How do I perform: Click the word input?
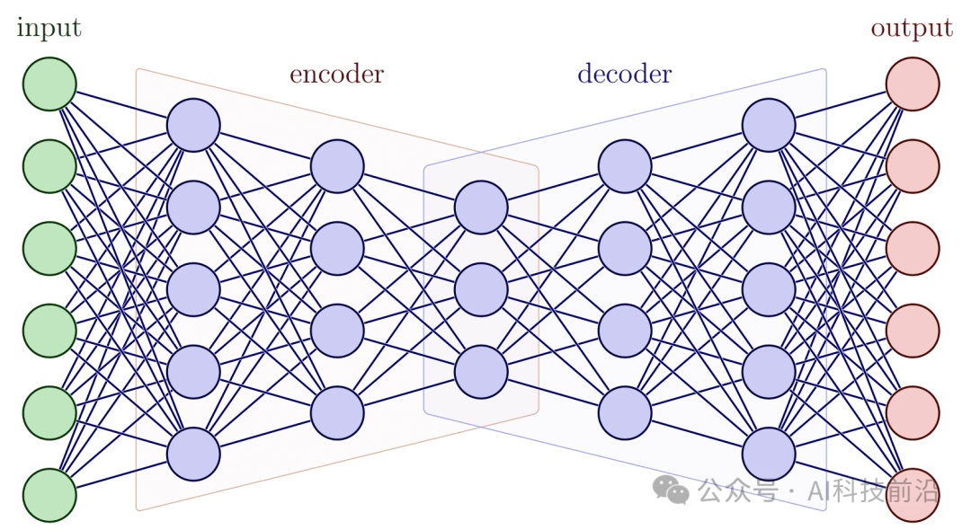coord(49,29)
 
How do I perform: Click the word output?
coord(911,29)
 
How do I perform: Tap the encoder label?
coord(336,75)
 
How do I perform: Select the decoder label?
coord(624,75)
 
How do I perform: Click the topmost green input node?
coord(49,84)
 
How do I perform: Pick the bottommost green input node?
coord(49,495)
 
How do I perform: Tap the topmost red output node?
coord(913,84)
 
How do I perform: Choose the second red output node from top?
coord(913,166)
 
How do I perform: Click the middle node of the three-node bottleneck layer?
coord(481,289)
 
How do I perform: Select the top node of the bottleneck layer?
coord(481,208)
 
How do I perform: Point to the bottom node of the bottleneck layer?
coord(481,372)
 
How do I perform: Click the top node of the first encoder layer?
coord(193,125)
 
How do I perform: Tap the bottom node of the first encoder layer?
coord(193,454)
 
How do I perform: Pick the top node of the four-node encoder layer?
coord(337,166)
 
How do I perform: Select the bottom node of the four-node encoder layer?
coord(337,412)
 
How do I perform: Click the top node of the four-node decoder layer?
coord(625,166)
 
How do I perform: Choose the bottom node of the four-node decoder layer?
coord(625,412)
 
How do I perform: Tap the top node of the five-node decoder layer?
coord(769,125)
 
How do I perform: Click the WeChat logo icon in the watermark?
coord(671,490)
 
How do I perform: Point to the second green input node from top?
coord(49,166)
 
